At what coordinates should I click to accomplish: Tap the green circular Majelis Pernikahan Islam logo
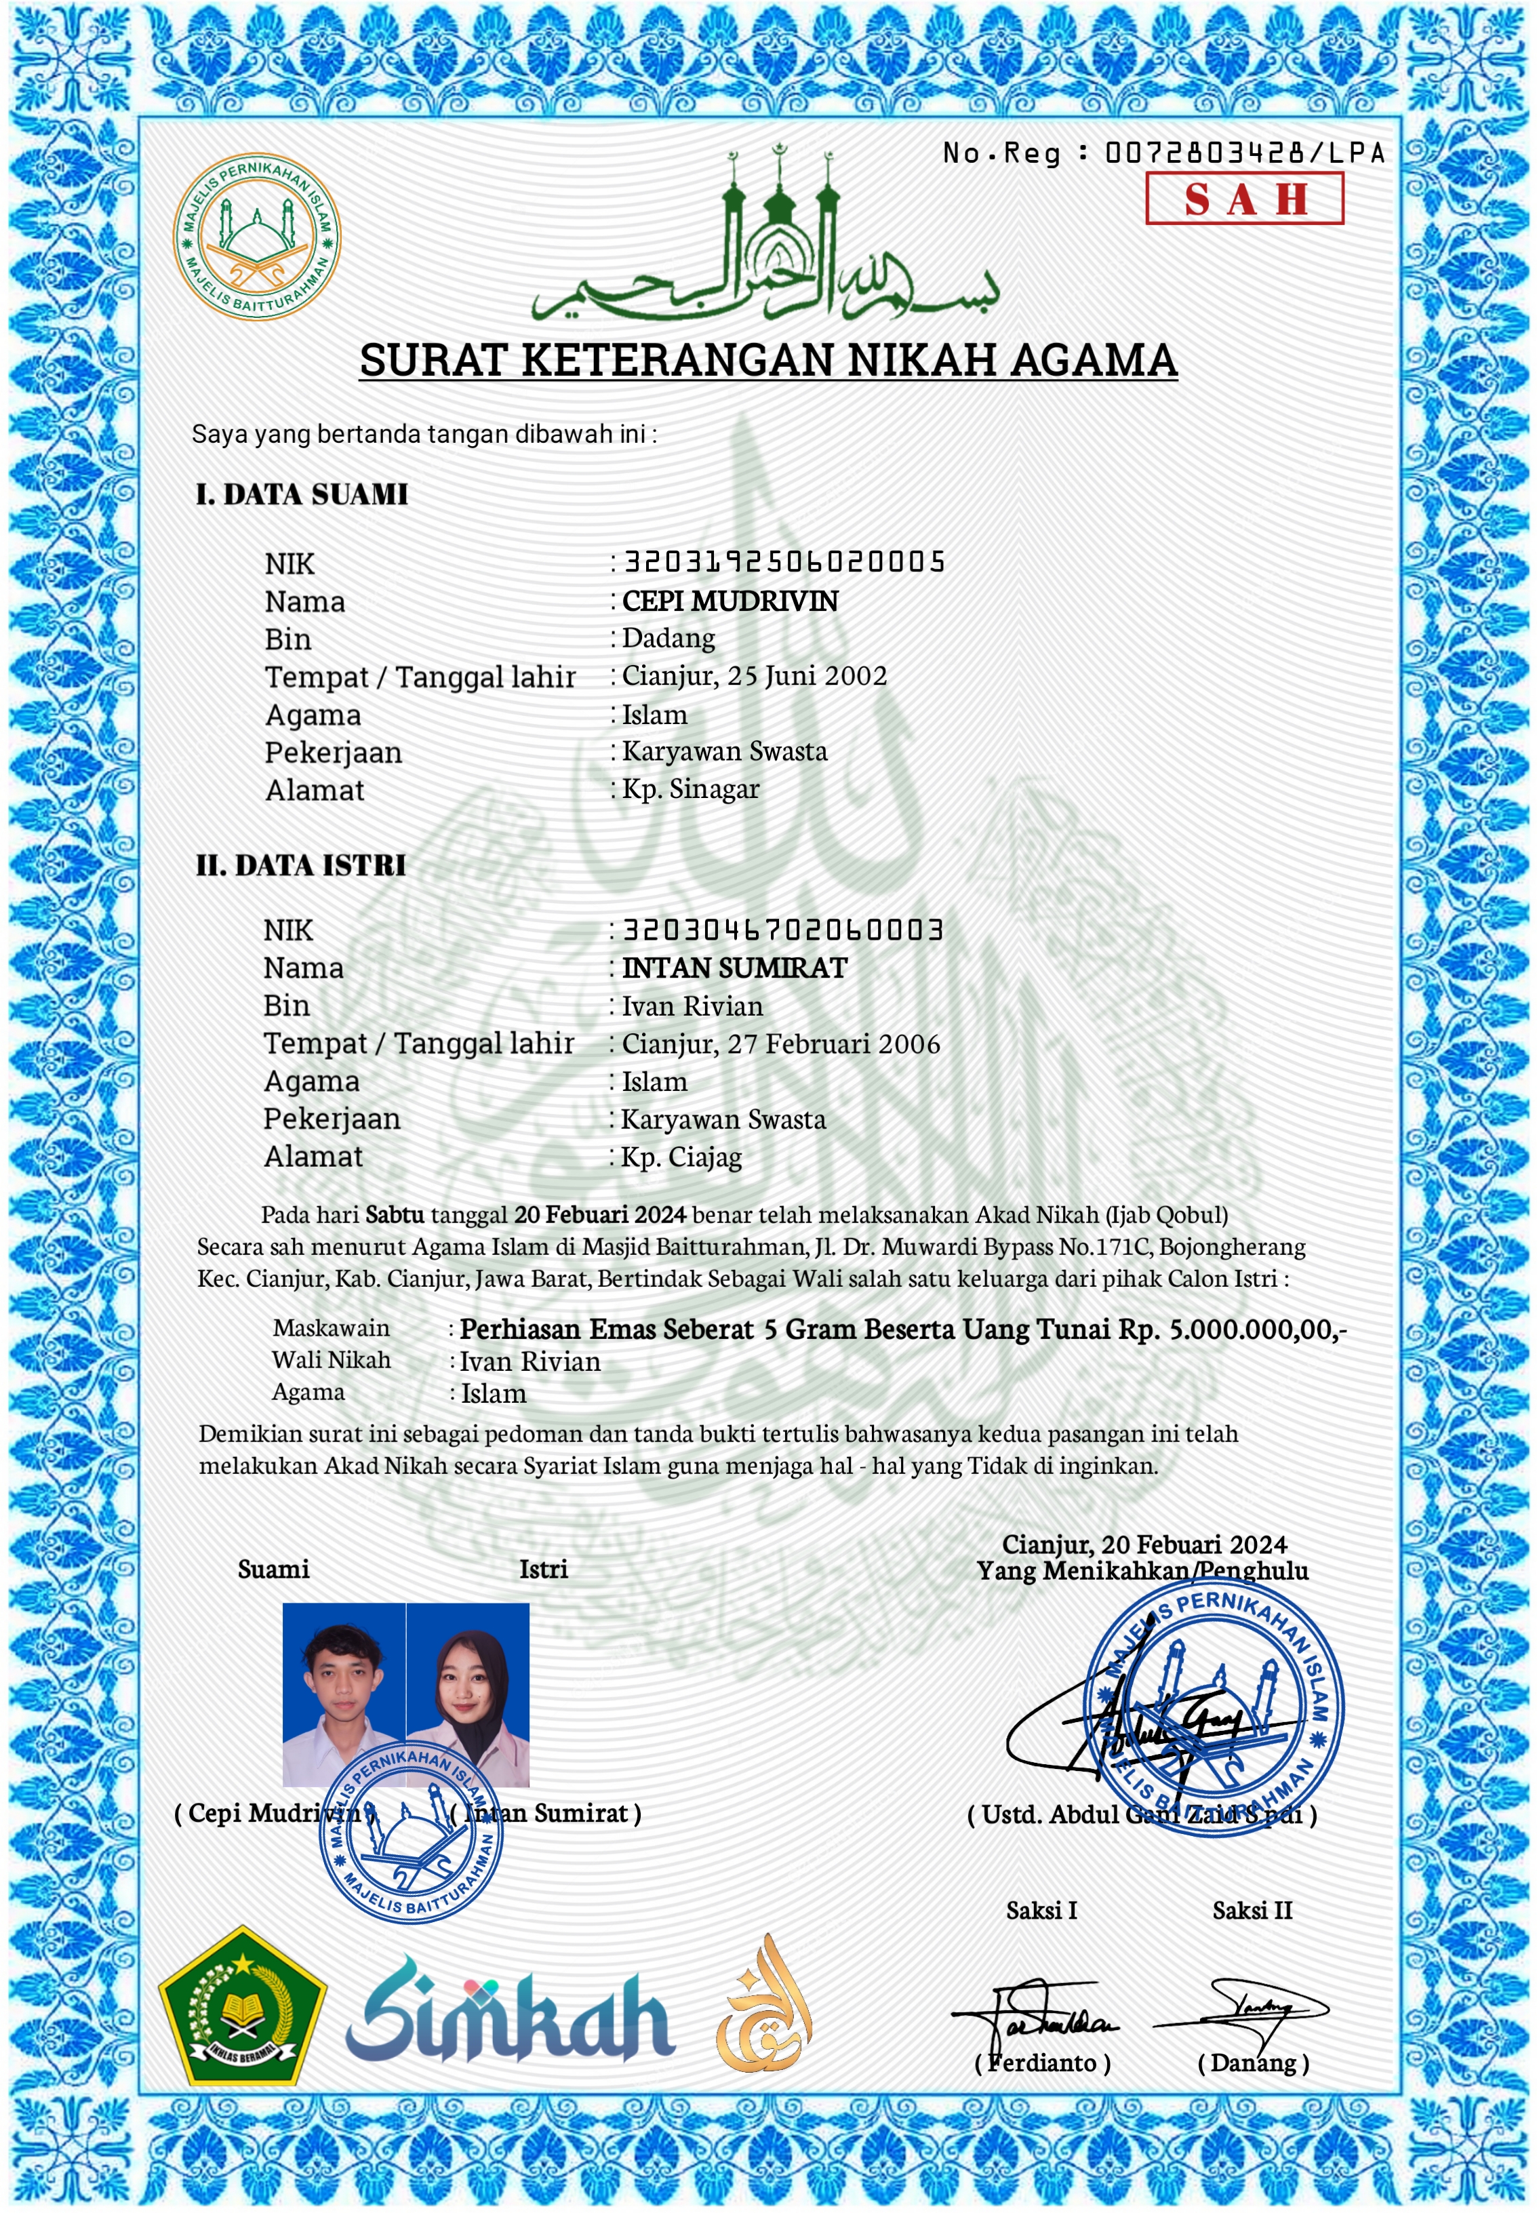point(256,236)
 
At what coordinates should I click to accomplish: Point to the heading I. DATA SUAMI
point(302,494)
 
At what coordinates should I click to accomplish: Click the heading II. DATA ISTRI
point(300,864)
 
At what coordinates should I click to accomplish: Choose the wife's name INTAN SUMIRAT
point(735,967)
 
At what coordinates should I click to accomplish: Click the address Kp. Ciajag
point(682,1157)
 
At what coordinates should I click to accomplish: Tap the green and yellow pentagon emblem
point(242,2008)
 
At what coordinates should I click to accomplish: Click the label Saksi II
point(1252,1910)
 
